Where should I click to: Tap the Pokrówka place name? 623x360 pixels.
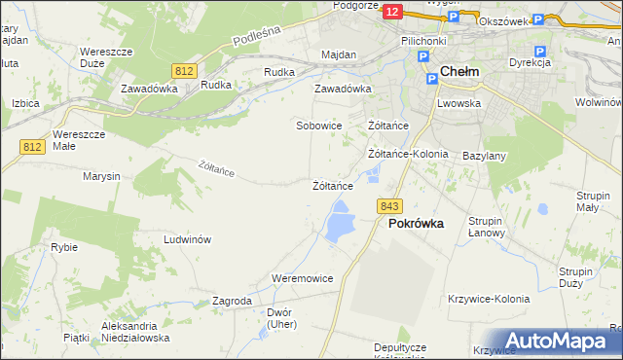[416, 223]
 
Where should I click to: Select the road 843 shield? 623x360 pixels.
[389, 205]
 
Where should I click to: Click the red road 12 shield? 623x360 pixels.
[391, 11]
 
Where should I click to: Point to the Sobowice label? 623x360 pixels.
[319, 126]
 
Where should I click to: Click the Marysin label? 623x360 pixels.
[101, 176]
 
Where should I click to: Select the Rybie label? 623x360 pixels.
[64, 247]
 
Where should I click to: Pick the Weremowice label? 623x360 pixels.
[303, 278]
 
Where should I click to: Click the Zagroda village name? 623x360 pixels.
[232, 302]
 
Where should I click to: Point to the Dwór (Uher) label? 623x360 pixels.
[278, 319]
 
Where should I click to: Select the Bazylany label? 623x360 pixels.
[484, 156]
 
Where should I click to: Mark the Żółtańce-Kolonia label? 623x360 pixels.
[408, 154]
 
